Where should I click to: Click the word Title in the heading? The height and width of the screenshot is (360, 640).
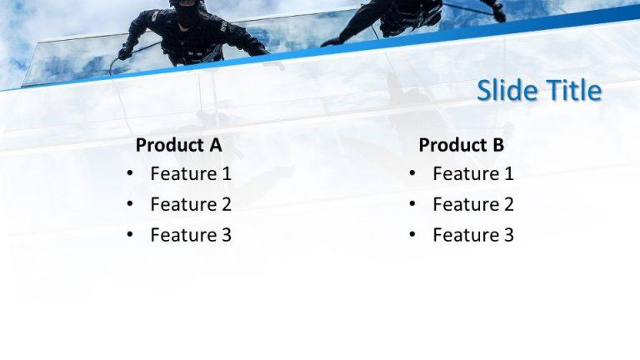[x=571, y=90]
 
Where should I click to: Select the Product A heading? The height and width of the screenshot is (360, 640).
[x=178, y=145]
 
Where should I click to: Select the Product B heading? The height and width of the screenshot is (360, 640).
[x=461, y=145]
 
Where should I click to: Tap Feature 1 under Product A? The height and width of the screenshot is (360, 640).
[x=191, y=174]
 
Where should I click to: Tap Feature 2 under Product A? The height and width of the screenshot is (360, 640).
[x=191, y=204]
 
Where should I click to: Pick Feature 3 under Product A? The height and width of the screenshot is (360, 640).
[x=191, y=235]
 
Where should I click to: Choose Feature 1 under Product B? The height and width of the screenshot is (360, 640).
[x=473, y=174]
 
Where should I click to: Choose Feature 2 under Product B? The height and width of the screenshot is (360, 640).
[x=473, y=204]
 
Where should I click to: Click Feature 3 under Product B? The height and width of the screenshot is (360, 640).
[x=473, y=235]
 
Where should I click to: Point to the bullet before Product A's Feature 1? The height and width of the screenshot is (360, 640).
[x=130, y=174]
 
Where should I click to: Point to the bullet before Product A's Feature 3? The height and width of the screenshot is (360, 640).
[x=130, y=235]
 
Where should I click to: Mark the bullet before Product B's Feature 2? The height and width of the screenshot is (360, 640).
[x=412, y=204]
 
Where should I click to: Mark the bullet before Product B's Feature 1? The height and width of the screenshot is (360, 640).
[x=412, y=174]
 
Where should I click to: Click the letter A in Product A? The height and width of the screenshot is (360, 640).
[x=215, y=145]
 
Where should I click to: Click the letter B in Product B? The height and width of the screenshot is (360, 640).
[x=497, y=145]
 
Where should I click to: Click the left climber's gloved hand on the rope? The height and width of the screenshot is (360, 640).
[x=125, y=52]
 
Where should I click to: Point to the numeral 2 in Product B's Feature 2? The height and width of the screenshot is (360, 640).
[x=508, y=204]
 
